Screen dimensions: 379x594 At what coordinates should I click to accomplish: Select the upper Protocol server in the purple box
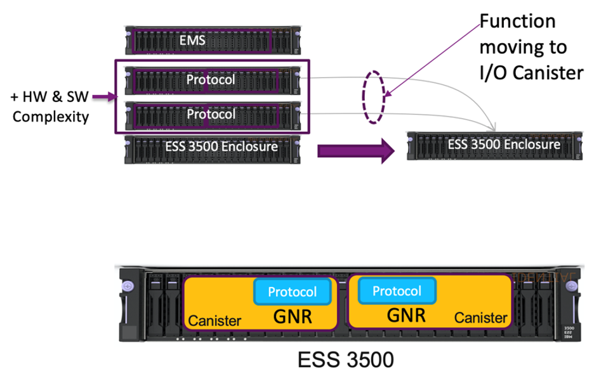tap(211, 80)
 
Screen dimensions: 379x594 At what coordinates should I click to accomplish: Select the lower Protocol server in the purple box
tap(211, 115)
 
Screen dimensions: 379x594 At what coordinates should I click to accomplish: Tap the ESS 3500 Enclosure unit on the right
tap(494, 145)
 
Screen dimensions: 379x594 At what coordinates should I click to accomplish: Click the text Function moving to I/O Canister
tap(531, 48)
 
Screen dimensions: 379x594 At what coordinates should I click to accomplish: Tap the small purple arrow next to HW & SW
tap(102, 97)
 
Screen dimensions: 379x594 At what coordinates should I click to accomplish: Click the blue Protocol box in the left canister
tap(293, 292)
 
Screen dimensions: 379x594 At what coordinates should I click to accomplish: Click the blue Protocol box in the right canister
tap(397, 291)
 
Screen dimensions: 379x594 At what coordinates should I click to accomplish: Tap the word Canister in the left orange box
tap(215, 321)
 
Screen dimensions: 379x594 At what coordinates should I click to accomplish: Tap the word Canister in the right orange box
tap(480, 318)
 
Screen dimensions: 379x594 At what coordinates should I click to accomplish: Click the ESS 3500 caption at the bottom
tap(345, 359)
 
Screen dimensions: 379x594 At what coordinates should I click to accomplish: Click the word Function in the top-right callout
tap(517, 21)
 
